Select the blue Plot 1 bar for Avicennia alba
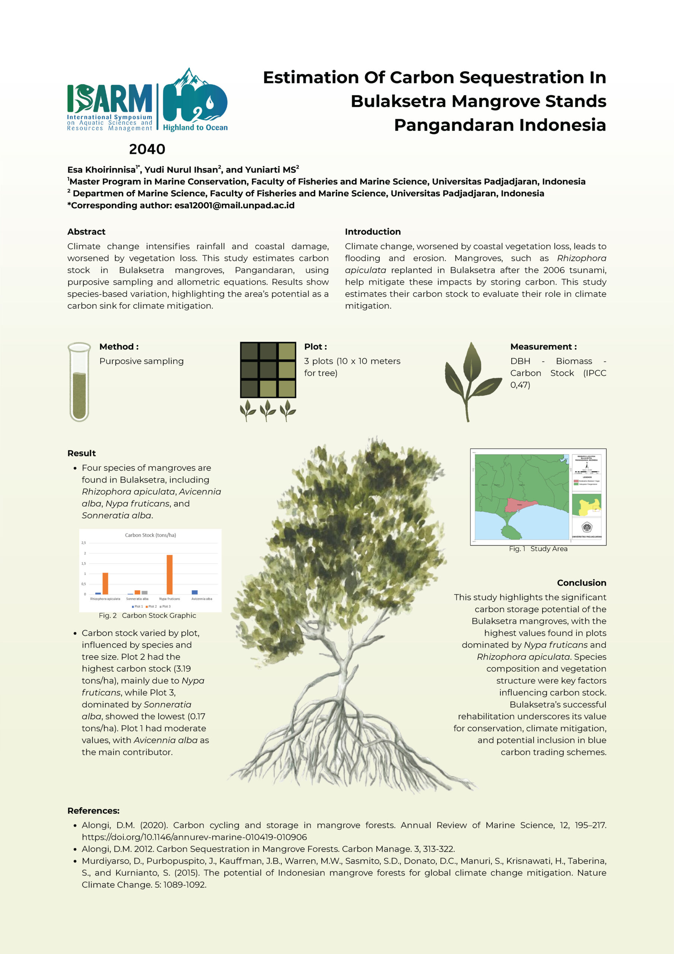click(194, 592)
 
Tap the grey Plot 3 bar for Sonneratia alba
click(144, 593)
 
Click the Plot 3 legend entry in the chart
click(165, 607)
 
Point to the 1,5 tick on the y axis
click(83, 563)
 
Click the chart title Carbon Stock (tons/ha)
click(150, 535)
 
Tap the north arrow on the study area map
click(587, 466)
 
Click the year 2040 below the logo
click(147, 149)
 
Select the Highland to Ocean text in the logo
click(195, 127)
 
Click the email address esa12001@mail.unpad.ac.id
click(234, 205)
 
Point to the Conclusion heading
click(581, 582)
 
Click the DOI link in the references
click(194, 837)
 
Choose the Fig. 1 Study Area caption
click(538, 549)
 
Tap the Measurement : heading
click(543, 347)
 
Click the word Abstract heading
click(86, 232)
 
